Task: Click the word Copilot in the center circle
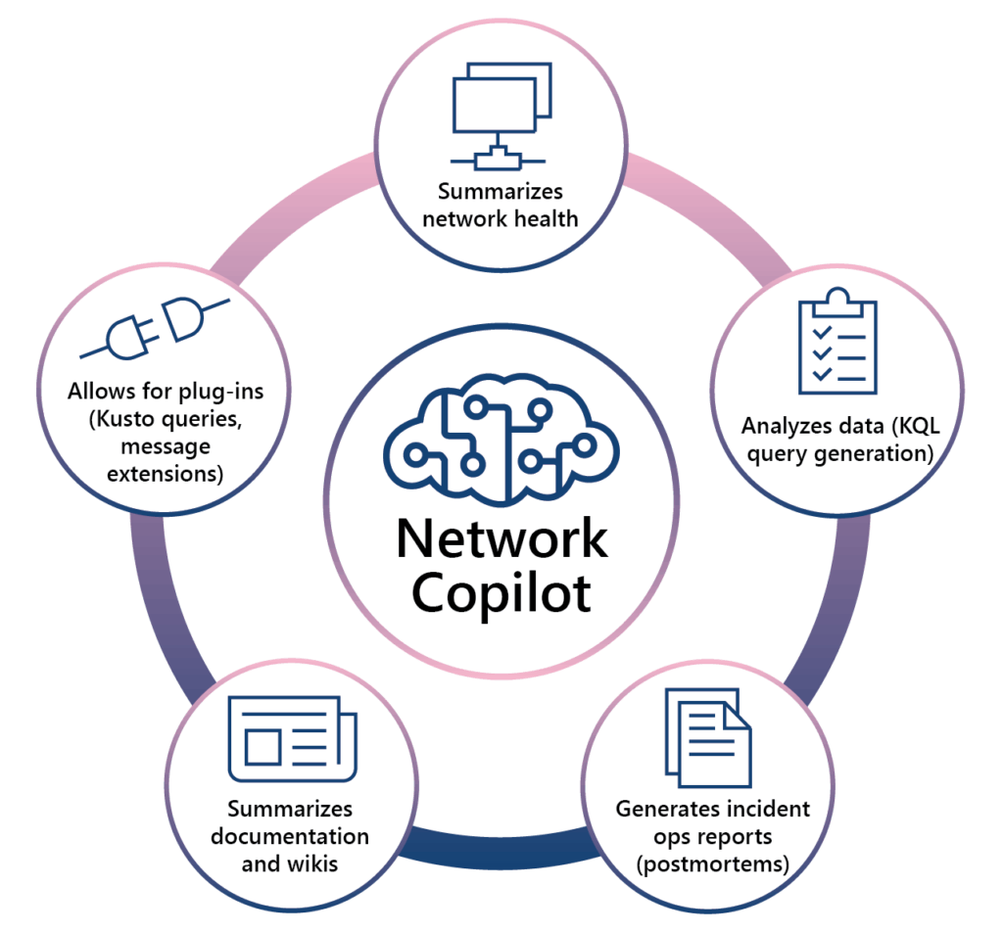(501, 593)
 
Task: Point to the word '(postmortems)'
(712, 865)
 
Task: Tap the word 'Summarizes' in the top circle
(501, 191)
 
